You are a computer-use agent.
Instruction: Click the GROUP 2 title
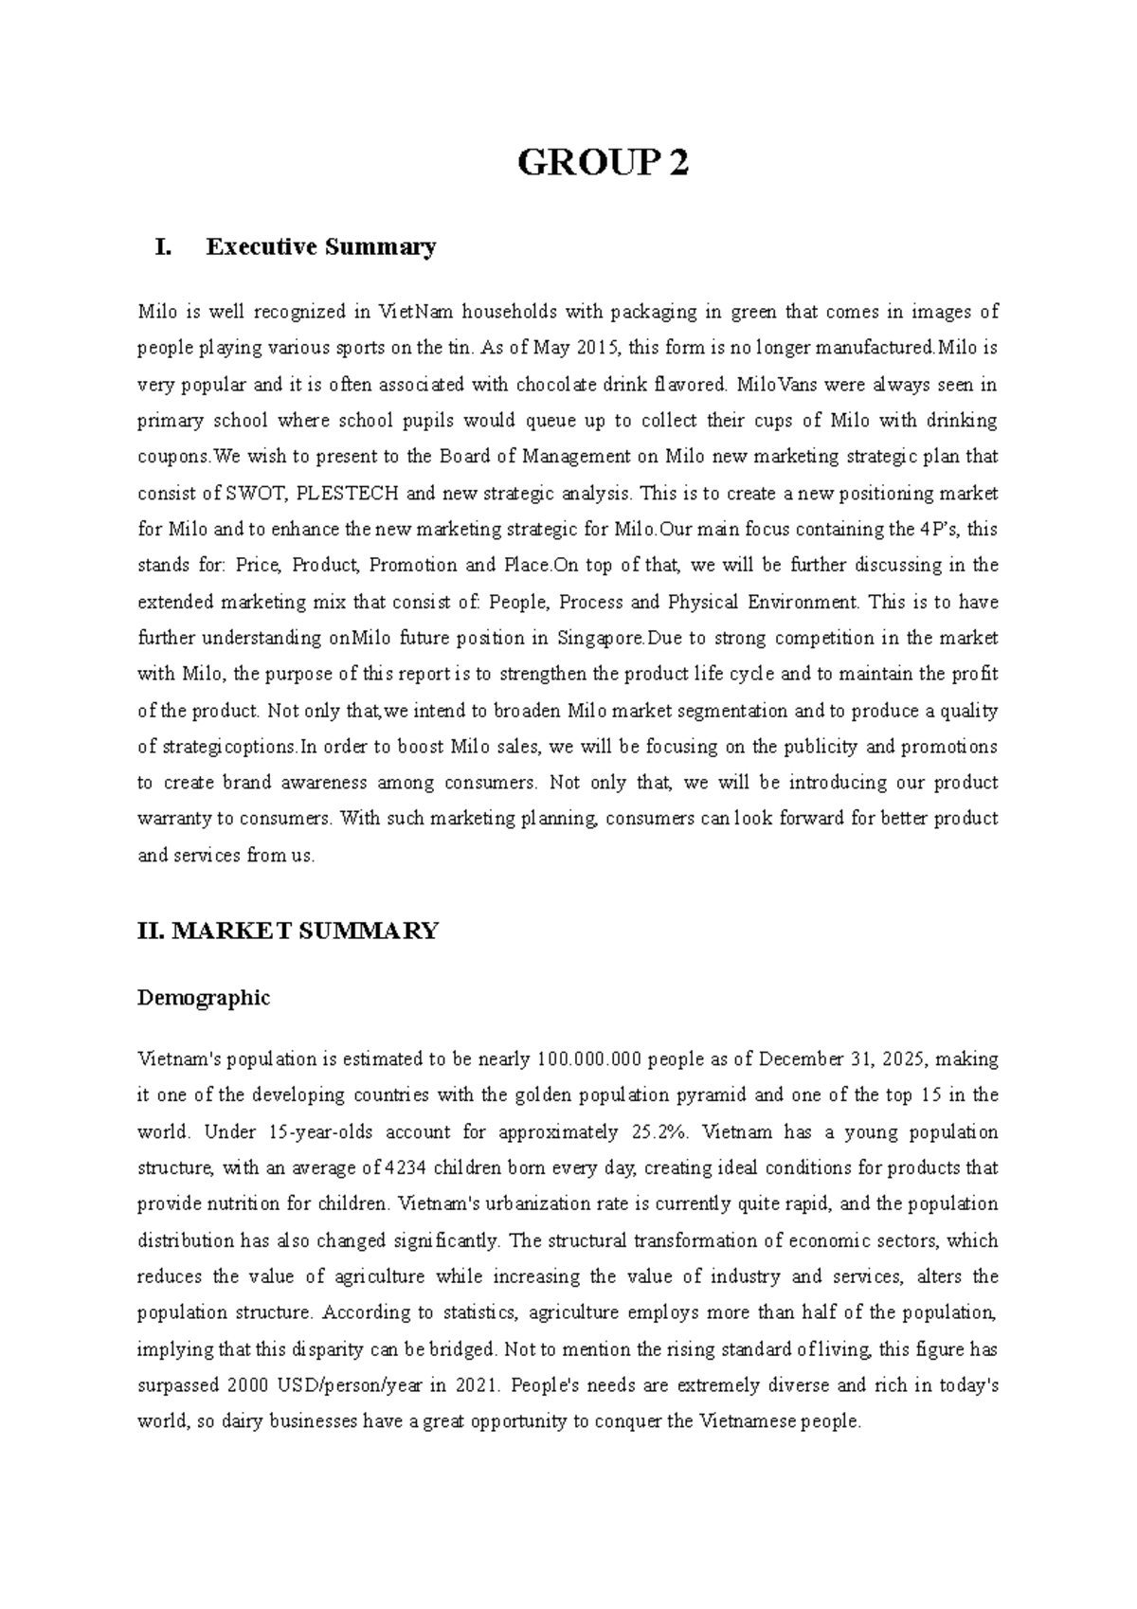point(603,164)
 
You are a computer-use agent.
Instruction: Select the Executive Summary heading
point(321,247)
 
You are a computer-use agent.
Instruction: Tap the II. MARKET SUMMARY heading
point(288,931)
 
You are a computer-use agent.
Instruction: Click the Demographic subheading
point(204,998)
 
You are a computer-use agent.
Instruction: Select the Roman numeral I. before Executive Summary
point(163,247)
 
